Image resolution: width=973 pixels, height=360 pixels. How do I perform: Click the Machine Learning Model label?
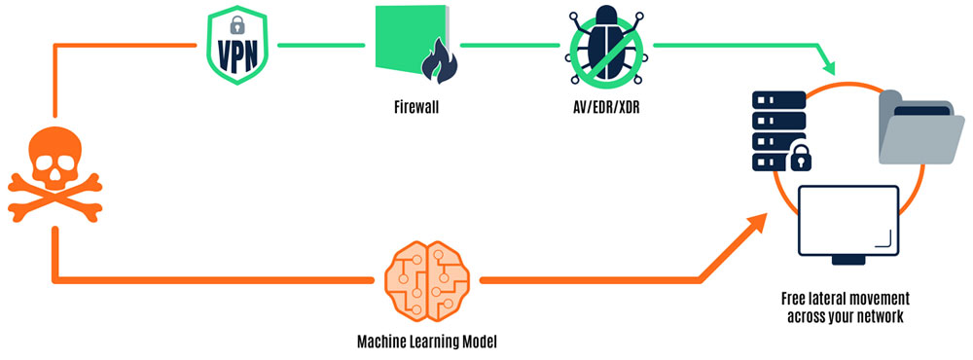pyautogui.click(x=427, y=342)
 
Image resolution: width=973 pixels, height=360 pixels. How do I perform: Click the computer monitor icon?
pyautogui.click(x=847, y=222)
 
